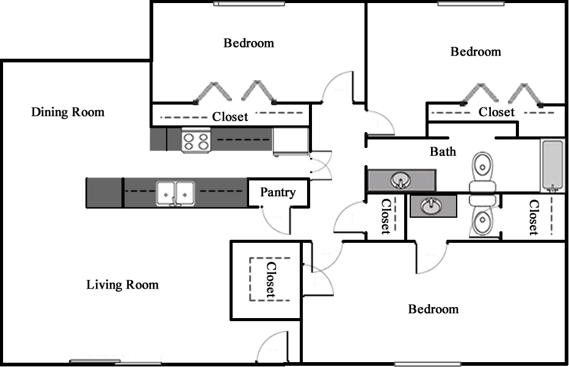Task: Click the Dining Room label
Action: pyautogui.click(x=68, y=112)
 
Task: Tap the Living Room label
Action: pyautogui.click(x=123, y=284)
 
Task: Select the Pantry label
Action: pyautogui.click(x=278, y=192)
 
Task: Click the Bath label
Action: pyautogui.click(x=443, y=151)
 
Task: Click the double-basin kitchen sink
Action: pyautogui.click(x=175, y=194)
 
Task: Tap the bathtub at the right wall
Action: pyautogui.click(x=553, y=166)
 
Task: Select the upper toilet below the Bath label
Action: pyautogui.click(x=483, y=172)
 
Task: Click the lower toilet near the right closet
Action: pyautogui.click(x=483, y=216)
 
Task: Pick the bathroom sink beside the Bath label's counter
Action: pyautogui.click(x=400, y=180)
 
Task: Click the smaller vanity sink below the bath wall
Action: pyautogui.click(x=431, y=206)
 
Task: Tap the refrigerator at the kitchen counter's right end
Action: pyautogui.click(x=291, y=141)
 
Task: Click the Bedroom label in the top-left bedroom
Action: pyautogui.click(x=248, y=43)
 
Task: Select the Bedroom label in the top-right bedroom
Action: pyautogui.click(x=476, y=51)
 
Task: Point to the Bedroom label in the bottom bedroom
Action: pyautogui.click(x=433, y=309)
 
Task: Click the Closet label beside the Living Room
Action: pyautogui.click(x=271, y=280)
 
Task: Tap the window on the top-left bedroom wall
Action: pyautogui.click(x=249, y=4)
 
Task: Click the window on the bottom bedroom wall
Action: pyautogui.click(x=428, y=364)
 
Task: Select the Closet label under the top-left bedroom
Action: pyautogui.click(x=230, y=117)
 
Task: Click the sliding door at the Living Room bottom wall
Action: pyautogui.click(x=115, y=362)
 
